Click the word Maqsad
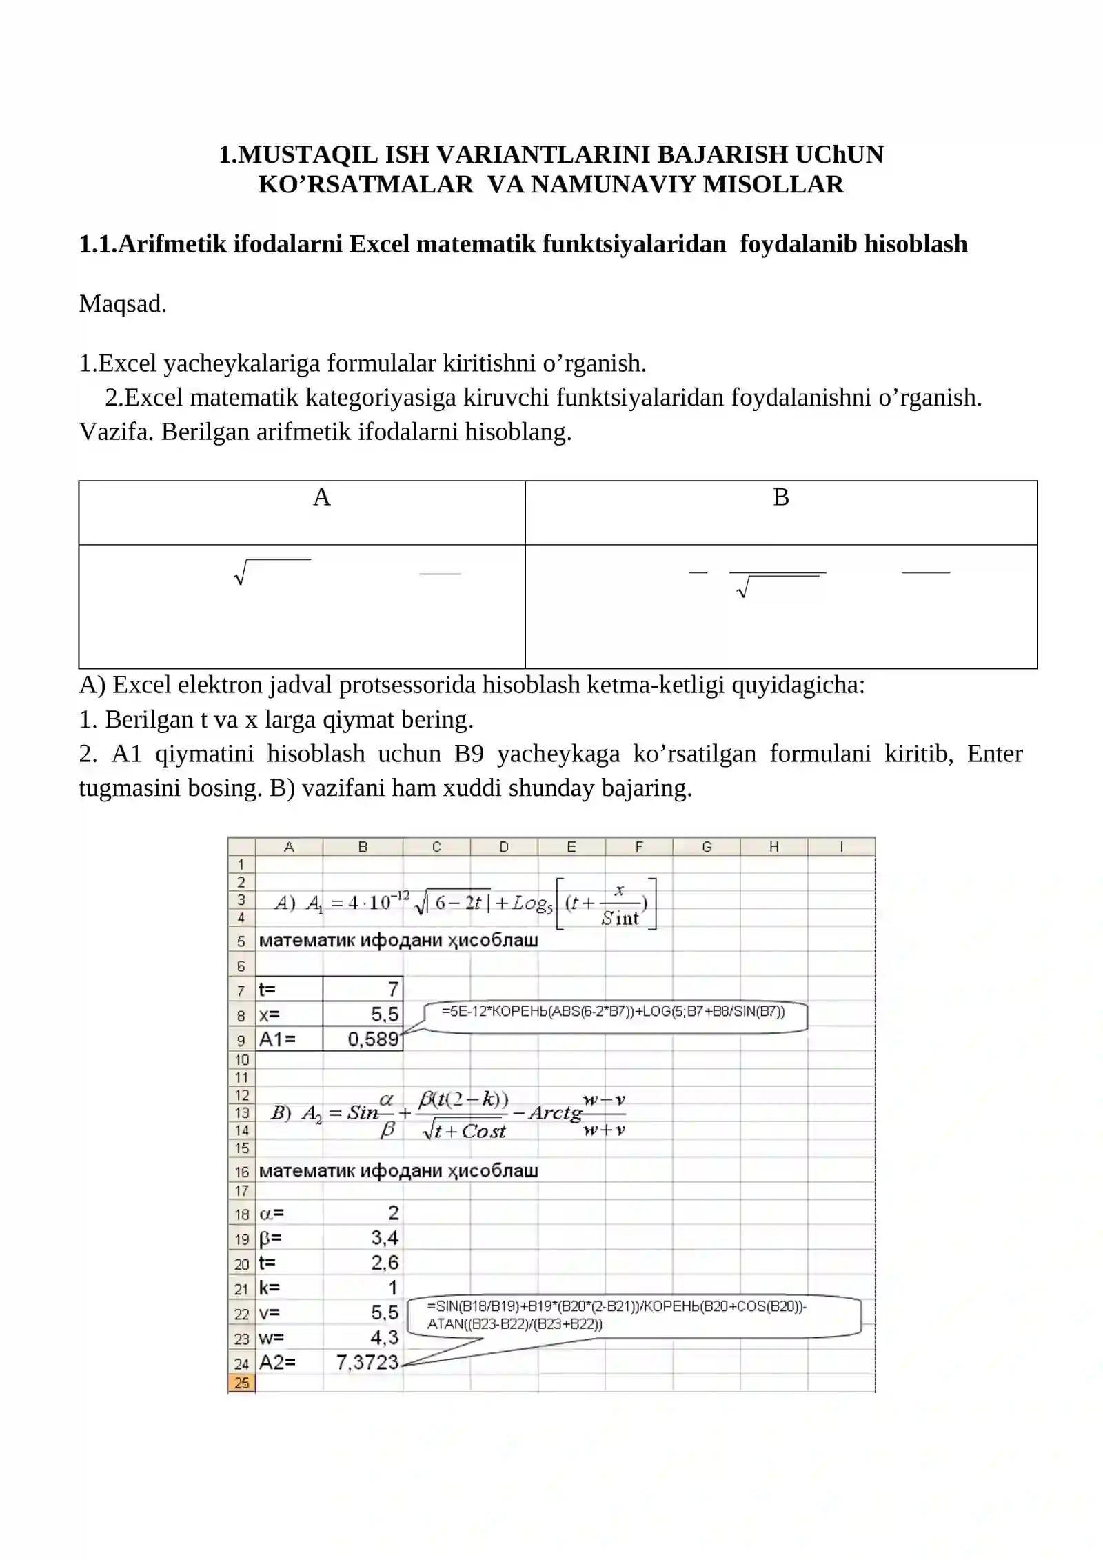123,304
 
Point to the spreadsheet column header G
707,847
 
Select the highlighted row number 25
241,1383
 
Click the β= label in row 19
270,1238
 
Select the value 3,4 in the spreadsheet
385,1238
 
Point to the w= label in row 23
271,1338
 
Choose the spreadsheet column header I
841,847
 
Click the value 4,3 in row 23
384,1338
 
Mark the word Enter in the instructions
994,754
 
